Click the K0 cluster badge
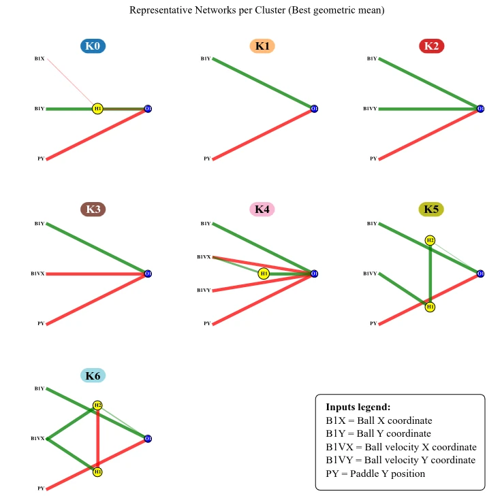tap(93, 46)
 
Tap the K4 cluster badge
tap(262, 209)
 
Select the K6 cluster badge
tap(93, 376)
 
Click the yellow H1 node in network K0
tap(97, 109)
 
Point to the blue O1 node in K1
tap(314, 109)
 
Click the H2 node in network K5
tap(430, 240)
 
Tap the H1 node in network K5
tap(430, 307)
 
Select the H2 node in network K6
tap(97, 405)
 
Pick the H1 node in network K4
tap(264, 273)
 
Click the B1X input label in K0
tap(40, 59)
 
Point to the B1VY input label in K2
tap(370, 109)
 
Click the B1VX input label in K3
tap(37, 273)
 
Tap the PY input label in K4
tap(207, 324)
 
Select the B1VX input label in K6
tap(37, 439)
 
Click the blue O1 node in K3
tap(148, 273)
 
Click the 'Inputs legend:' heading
tap(358, 407)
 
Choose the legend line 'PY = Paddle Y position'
tap(375, 474)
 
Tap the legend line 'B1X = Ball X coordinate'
tap(379, 420)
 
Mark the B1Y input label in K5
tap(372, 224)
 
